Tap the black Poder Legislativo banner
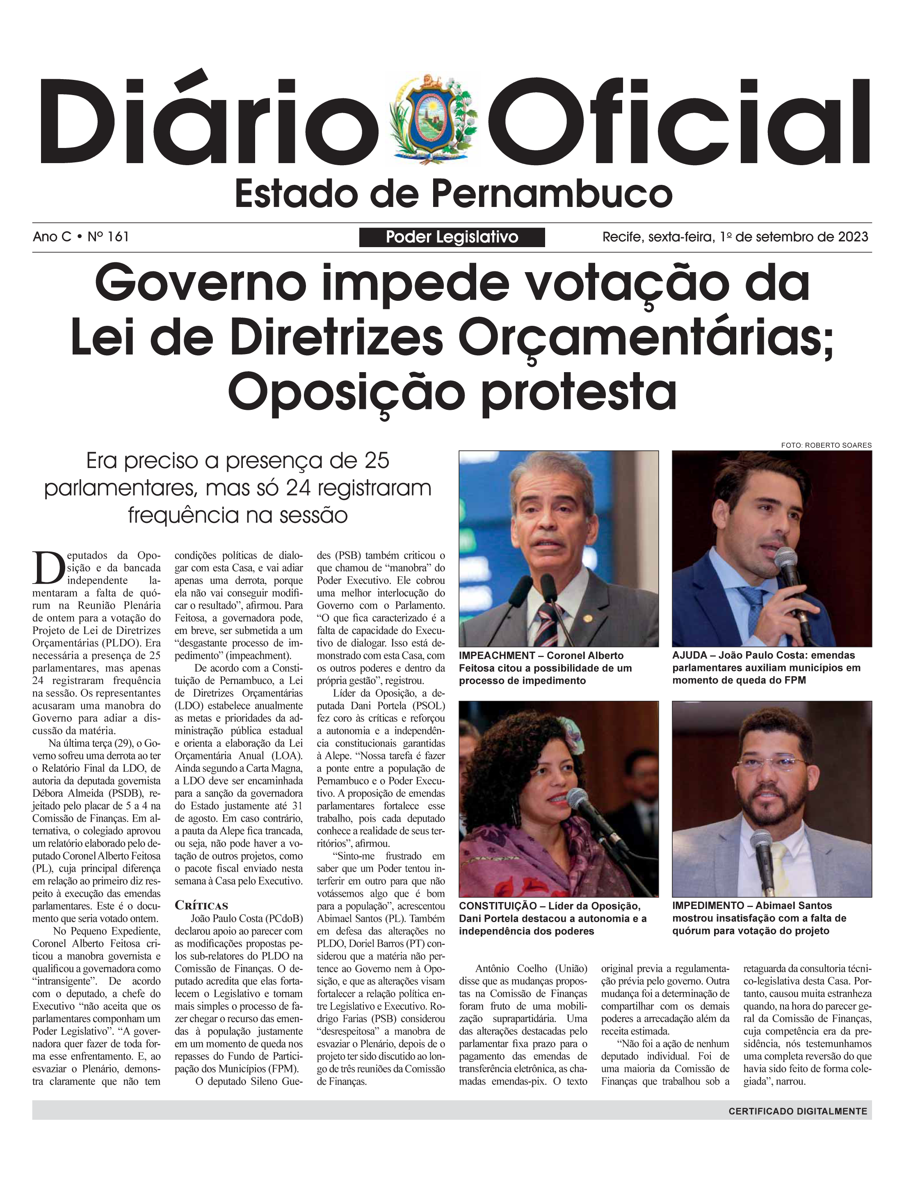pos(452,237)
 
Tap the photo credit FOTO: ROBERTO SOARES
pos(826,445)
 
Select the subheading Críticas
pos(201,905)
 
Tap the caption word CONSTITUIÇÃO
pos(498,906)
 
